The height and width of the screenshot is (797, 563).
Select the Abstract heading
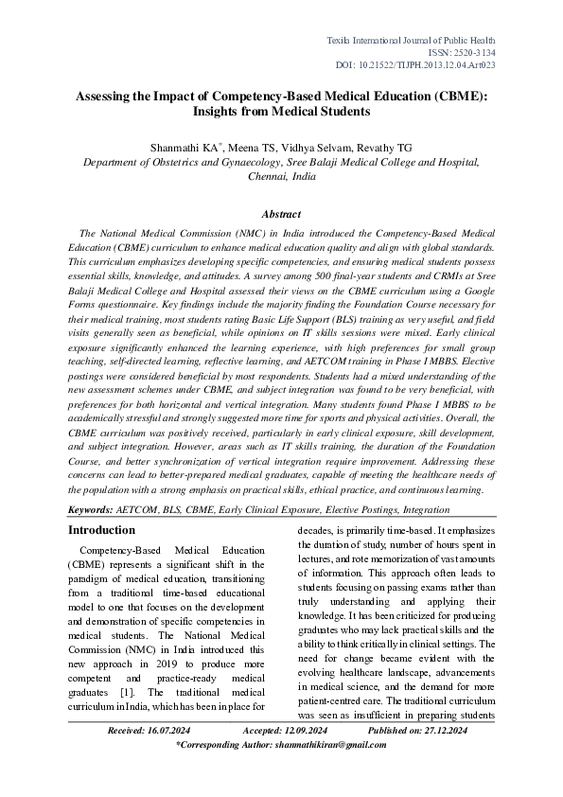tap(281, 215)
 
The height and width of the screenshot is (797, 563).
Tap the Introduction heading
tap(101, 530)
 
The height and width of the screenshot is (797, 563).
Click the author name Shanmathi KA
tap(185, 147)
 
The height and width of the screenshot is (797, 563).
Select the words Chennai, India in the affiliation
tap(281, 177)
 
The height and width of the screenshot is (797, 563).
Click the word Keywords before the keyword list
tap(97, 509)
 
